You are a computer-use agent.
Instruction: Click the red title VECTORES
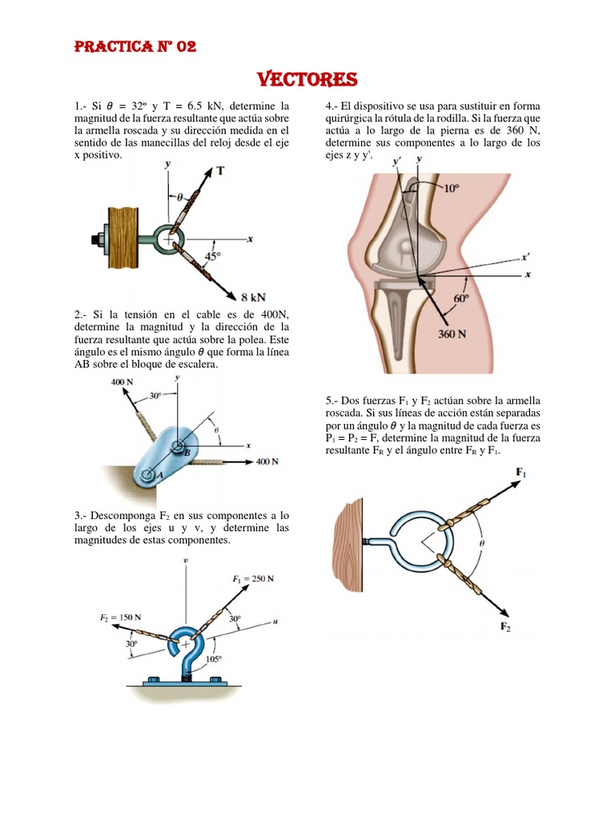[307, 80]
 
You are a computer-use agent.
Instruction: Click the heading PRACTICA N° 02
[135, 46]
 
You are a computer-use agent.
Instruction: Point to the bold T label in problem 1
[220, 170]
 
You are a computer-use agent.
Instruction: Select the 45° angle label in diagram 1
[212, 256]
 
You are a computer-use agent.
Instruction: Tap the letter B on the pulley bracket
[186, 453]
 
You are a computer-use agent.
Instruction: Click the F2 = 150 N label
[121, 617]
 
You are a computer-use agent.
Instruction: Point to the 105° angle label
[213, 660]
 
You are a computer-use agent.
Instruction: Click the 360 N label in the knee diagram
[452, 334]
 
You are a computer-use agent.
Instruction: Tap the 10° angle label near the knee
[452, 189]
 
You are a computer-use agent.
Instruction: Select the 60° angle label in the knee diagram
[460, 297]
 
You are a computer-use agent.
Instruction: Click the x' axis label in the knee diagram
[525, 258]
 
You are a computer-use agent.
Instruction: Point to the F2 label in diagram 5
[505, 626]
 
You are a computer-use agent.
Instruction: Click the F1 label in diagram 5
[521, 473]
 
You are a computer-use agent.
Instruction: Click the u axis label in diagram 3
[275, 621]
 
